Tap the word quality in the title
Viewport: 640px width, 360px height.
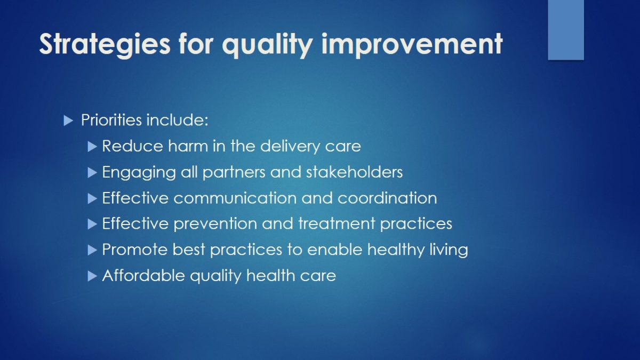(267, 45)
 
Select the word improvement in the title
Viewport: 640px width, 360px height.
(412, 44)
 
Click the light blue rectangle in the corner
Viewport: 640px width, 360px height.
(566, 30)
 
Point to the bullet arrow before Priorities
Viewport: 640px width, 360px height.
(68, 121)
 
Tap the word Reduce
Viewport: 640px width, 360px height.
(133, 146)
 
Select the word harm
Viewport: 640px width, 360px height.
(188, 146)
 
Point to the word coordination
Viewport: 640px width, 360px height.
(387, 198)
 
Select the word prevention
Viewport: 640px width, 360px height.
(215, 223)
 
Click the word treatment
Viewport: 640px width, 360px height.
(337, 223)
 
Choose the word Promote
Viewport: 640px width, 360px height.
(135, 250)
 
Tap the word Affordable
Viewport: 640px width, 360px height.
(143, 275)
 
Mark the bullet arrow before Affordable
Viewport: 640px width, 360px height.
(92, 276)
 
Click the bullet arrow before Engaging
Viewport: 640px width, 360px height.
(92, 173)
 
